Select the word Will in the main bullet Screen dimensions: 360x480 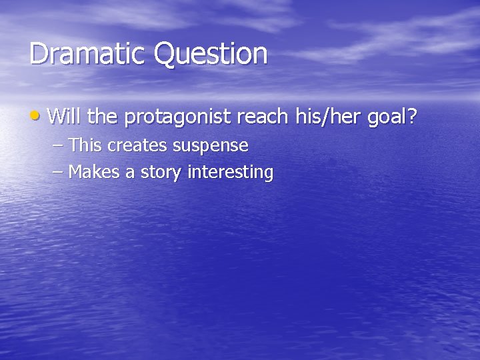[65, 117]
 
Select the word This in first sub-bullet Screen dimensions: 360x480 [84, 145]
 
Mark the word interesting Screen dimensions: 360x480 [230, 173]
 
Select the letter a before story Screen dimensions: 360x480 [129, 173]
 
